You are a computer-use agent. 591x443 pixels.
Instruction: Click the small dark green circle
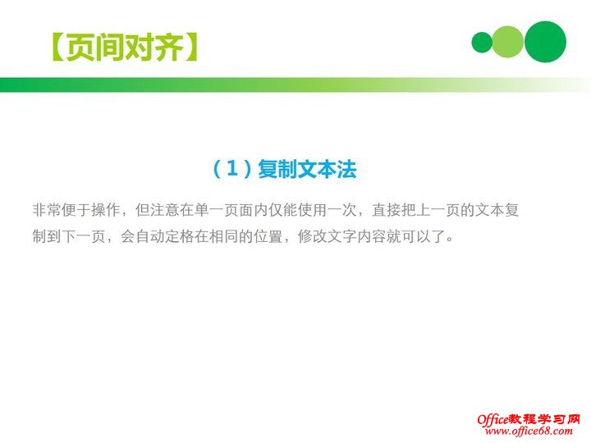[482, 42]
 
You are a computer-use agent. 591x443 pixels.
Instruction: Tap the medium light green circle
[509, 42]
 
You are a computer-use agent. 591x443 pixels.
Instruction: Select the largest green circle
[545, 42]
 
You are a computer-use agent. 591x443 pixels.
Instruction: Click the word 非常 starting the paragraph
[47, 210]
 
